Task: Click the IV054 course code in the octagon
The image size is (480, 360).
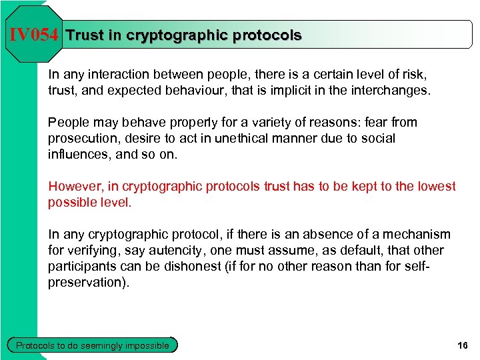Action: click(x=33, y=35)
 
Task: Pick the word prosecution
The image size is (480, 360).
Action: click(x=81, y=138)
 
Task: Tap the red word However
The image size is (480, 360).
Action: click(x=75, y=186)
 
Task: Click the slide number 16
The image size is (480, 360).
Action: click(x=463, y=345)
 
